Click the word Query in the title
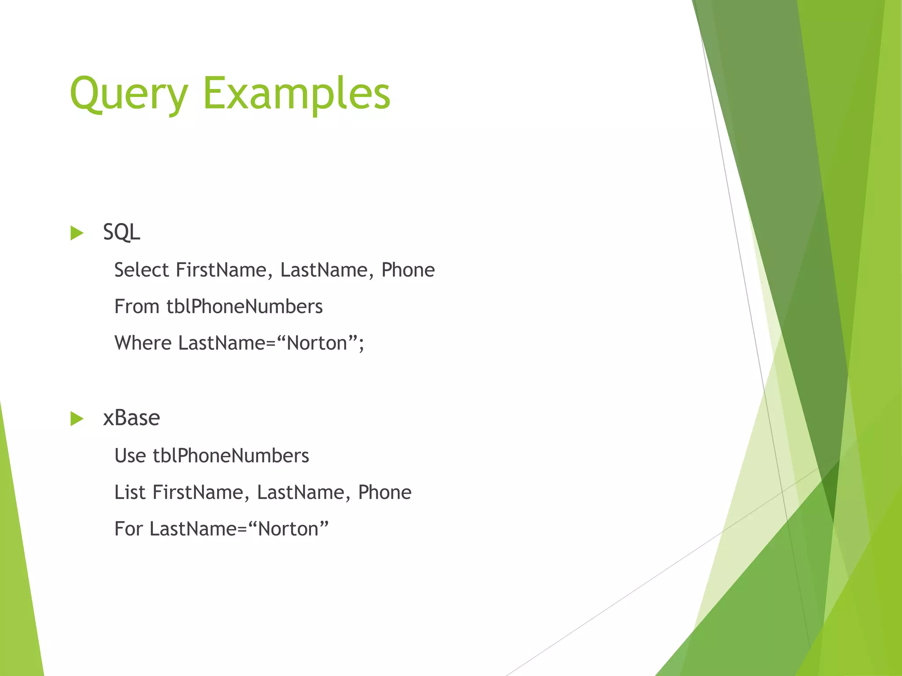tap(129, 94)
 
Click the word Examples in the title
tap(296, 94)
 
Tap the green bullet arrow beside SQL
tap(77, 233)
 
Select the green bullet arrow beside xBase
tap(77, 419)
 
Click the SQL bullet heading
tap(122, 232)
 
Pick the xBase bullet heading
tap(131, 418)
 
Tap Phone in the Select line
tap(408, 270)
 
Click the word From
tap(137, 306)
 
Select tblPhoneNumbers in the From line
tap(244, 306)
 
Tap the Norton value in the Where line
tap(317, 343)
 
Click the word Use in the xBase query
tap(130, 456)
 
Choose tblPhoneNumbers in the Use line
tap(231, 456)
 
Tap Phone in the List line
tap(384, 492)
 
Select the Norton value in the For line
tap(288, 529)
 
